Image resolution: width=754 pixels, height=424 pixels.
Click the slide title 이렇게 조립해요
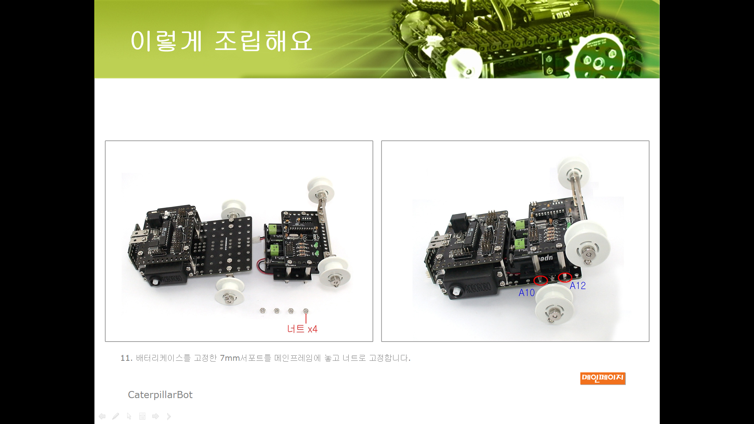pyautogui.click(x=221, y=41)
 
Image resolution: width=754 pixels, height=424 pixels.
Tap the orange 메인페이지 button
pyautogui.click(x=603, y=378)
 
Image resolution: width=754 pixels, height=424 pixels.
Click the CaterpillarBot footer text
pyautogui.click(x=160, y=395)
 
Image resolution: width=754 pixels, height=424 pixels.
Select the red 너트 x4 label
pyautogui.click(x=302, y=329)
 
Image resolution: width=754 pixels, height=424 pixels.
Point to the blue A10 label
pyautogui.click(x=527, y=293)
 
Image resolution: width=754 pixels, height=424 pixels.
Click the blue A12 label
pyautogui.click(x=578, y=286)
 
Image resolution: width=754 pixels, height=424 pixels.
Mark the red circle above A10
pyautogui.click(x=541, y=280)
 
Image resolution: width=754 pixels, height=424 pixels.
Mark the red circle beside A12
pyautogui.click(x=565, y=278)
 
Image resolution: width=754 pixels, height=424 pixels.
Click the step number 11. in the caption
pyautogui.click(x=126, y=358)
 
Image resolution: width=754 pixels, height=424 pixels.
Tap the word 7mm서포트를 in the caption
pyautogui.click(x=245, y=358)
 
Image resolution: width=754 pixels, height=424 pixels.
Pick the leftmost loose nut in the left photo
pyautogui.click(x=263, y=311)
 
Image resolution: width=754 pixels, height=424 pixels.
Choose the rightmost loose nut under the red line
pyautogui.click(x=306, y=311)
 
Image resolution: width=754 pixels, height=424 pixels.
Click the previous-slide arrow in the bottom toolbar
pyautogui.click(x=102, y=416)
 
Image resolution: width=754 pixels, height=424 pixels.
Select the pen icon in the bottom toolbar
pyautogui.click(x=115, y=416)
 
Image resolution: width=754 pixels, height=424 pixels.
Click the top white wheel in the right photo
pyautogui.click(x=574, y=174)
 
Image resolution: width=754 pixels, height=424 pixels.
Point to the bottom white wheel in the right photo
pyautogui.click(x=554, y=304)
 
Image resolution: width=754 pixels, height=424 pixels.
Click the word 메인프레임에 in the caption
pyautogui.click(x=298, y=358)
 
